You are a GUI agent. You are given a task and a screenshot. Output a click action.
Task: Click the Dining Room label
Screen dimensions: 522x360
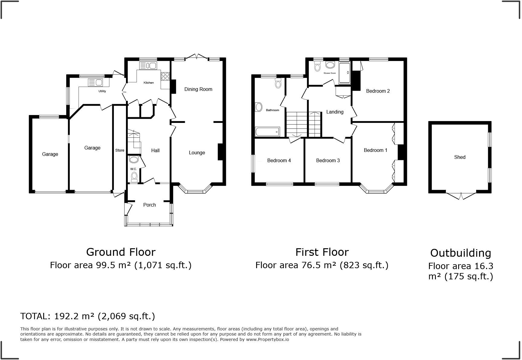point(198,89)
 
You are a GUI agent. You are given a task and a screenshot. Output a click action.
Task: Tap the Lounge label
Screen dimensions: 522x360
point(197,153)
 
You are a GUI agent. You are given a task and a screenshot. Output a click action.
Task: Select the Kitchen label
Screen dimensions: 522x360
point(149,83)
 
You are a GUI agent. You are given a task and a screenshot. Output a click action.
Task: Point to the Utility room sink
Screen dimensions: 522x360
point(95,82)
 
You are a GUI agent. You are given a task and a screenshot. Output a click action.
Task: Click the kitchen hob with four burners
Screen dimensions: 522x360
point(165,76)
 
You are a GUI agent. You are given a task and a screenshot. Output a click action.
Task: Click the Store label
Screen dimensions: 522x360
point(120,150)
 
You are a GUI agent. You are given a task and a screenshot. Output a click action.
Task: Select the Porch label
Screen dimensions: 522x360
point(150,205)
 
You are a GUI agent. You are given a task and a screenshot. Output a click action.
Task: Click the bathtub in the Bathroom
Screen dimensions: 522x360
point(267,132)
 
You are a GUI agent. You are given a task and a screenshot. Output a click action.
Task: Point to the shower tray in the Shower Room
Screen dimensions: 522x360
point(344,73)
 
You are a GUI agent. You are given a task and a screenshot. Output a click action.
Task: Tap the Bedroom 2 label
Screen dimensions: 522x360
point(378,91)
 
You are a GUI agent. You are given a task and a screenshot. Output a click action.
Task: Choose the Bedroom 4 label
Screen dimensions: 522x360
point(279,161)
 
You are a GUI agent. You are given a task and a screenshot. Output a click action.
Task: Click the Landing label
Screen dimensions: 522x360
point(335,112)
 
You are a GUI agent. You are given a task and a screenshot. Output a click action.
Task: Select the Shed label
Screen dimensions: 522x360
point(460,157)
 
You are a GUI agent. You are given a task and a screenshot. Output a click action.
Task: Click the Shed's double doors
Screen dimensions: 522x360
point(461,196)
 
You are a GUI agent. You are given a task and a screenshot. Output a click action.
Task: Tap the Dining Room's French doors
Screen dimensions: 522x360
point(196,56)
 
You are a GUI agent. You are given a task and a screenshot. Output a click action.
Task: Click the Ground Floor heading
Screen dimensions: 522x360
point(121,252)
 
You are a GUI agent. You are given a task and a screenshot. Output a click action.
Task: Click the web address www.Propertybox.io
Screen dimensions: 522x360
point(267,339)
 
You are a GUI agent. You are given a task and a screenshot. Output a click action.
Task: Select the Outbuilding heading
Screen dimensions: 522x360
point(461,253)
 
